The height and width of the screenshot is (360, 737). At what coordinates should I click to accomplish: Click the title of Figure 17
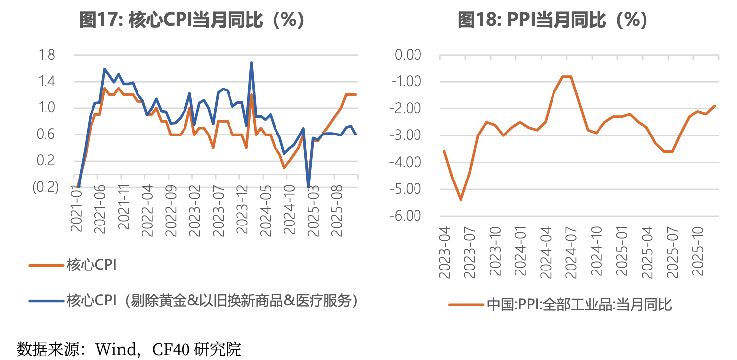[x=192, y=20]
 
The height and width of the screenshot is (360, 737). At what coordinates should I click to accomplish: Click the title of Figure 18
[x=553, y=20]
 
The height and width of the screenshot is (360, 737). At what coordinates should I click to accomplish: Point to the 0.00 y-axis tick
[x=407, y=55]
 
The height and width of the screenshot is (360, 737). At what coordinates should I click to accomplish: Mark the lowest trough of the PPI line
[x=461, y=200]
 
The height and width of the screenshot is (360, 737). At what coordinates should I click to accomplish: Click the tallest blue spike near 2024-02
[x=251, y=63]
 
